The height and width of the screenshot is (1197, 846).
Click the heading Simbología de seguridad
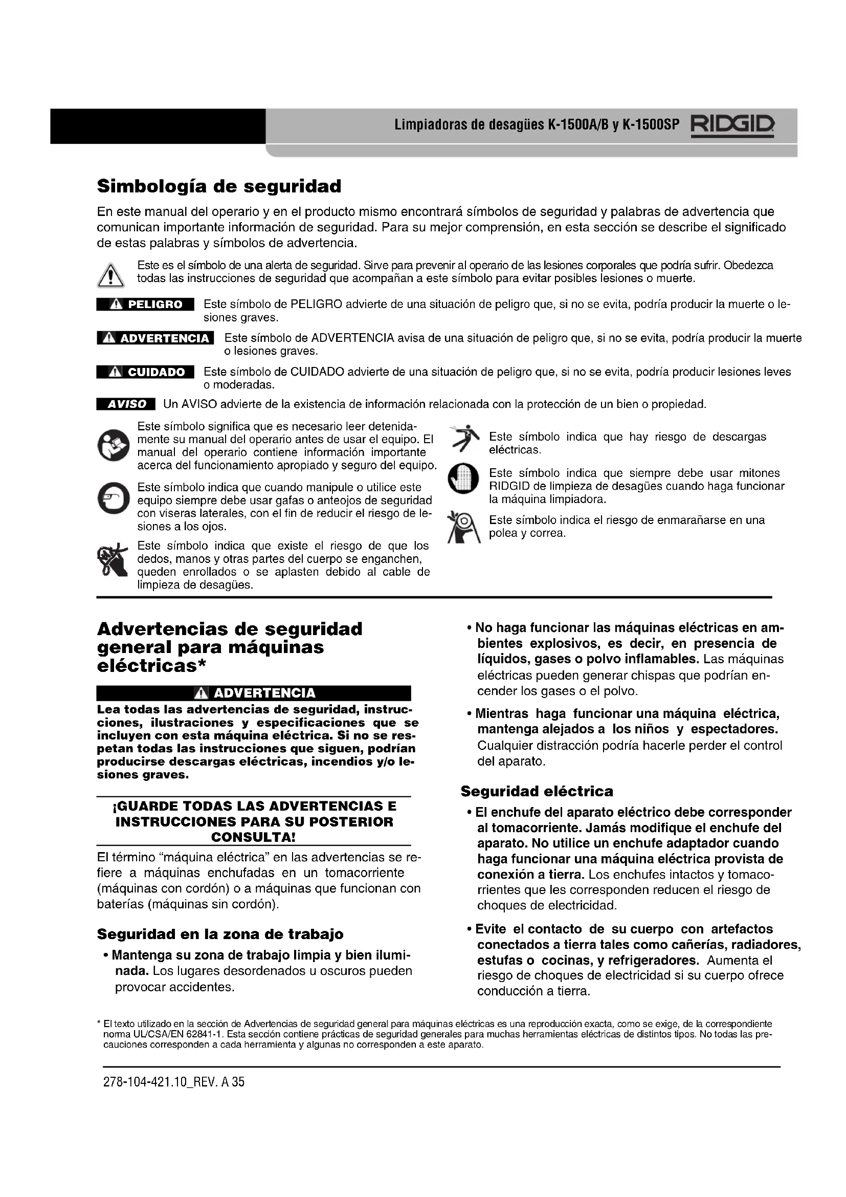coord(219,186)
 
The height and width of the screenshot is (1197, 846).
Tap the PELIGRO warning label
coord(145,304)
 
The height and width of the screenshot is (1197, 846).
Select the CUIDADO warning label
coord(145,372)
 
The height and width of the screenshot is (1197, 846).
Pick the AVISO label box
coord(126,404)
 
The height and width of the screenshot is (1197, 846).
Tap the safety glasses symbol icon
coord(113,499)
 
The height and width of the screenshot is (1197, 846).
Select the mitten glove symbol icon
coord(463,478)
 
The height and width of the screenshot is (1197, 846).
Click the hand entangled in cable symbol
coord(112,560)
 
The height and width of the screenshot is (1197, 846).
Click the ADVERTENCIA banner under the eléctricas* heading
coord(254,693)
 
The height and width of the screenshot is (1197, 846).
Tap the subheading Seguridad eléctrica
coord(537,791)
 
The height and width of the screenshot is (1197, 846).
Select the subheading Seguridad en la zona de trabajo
coord(220,934)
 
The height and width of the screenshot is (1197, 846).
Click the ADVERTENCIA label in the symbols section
coord(155,338)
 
